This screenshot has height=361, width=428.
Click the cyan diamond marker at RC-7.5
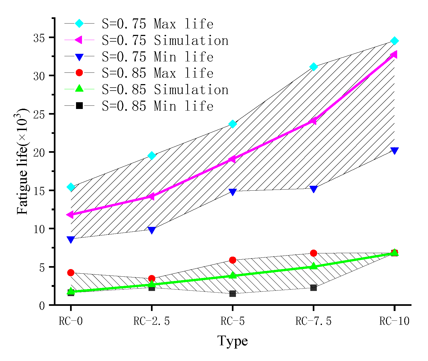(313, 67)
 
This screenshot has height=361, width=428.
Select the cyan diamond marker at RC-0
(71, 187)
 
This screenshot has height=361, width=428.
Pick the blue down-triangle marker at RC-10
(394, 151)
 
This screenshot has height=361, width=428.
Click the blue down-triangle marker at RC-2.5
(152, 230)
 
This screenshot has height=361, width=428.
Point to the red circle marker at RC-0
(71, 273)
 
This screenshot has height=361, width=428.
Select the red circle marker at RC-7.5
(313, 253)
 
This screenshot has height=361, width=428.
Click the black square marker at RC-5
(232, 294)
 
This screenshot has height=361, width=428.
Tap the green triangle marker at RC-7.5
(313, 266)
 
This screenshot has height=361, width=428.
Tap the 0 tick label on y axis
(42, 306)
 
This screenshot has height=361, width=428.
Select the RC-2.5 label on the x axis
(152, 321)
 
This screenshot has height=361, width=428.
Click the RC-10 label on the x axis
(394, 321)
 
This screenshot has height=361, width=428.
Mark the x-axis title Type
(232, 341)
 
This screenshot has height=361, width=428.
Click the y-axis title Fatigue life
(22, 162)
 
